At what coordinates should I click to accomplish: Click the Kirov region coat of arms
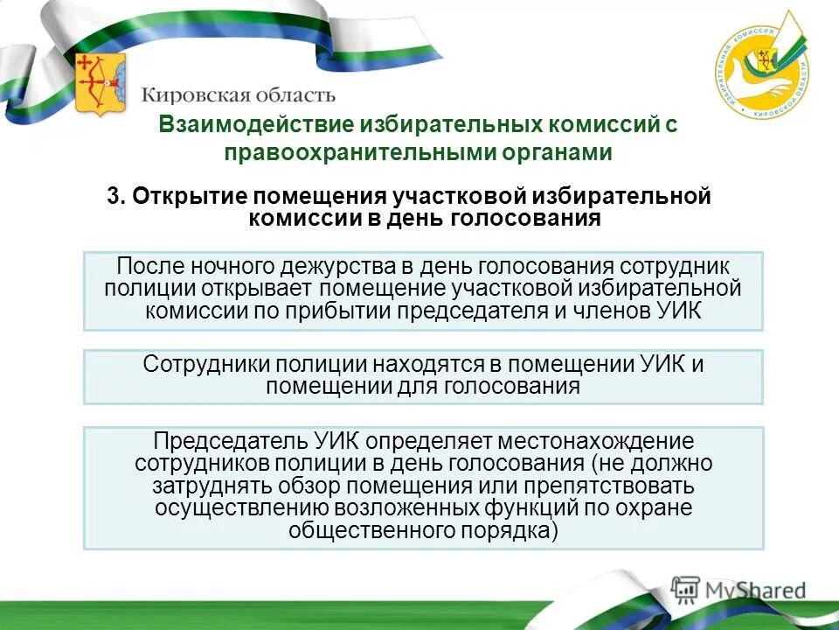[x=100, y=84]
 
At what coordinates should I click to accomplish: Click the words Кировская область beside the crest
[x=238, y=93]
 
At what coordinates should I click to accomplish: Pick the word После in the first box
[x=147, y=266]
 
